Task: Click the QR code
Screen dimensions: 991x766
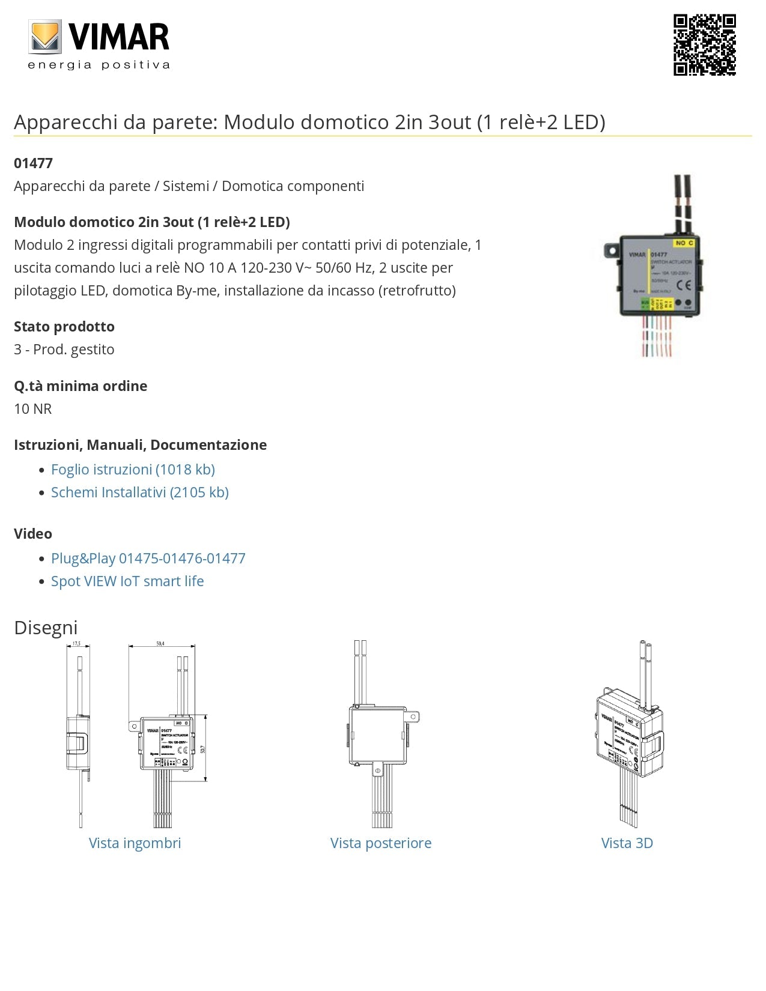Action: [704, 45]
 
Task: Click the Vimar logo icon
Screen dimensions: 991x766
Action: [45, 37]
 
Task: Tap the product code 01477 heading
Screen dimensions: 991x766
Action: [34, 163]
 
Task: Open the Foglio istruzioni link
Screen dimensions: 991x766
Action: [133, 470]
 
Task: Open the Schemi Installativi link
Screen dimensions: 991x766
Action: [139, 492]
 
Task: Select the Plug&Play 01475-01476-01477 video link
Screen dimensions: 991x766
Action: [148, 559]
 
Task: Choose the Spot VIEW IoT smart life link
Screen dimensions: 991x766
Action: [127, 581]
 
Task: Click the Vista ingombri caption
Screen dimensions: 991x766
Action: [135, 843]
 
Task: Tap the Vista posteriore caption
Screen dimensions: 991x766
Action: [380, 843]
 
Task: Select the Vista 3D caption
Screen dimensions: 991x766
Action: [627, 843]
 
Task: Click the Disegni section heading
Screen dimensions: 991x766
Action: [46, 628]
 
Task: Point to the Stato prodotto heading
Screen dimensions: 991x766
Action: [64, 327]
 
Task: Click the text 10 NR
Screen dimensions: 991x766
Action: [33, 409]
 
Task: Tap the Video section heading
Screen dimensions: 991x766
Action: [33, 534]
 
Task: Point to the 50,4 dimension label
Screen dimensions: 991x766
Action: [160, 644]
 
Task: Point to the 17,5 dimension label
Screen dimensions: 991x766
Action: [77, 644]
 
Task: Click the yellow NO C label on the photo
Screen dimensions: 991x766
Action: [684, 243]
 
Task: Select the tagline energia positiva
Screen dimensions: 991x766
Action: [99, 65]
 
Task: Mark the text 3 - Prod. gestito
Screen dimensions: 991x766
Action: [64, 350]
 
